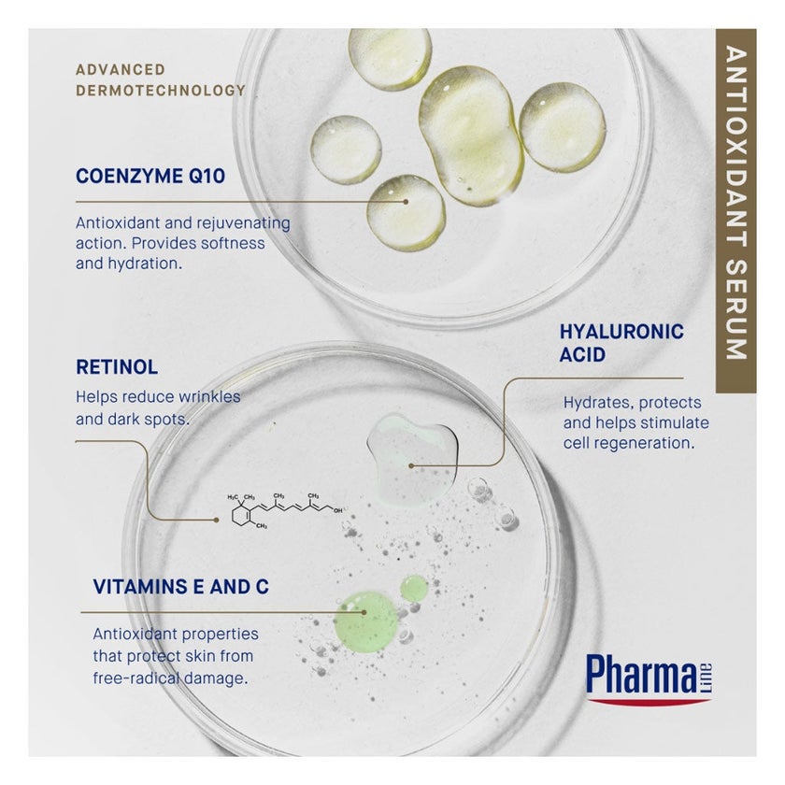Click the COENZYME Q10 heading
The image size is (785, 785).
click(x=150, y=177)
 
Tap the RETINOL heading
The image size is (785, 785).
click(x=117, y=367)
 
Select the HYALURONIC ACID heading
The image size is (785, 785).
click(x=621, y=343)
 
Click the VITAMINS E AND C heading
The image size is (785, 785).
click(x=180, y=587)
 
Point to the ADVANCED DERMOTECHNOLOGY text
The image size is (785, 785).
click(x=161, y=80)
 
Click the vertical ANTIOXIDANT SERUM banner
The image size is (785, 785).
click(x=735, y=210)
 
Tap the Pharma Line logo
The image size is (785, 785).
click(x=649, y=678)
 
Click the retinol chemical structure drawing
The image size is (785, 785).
click(x=286, y=510)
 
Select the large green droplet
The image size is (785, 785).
click(x=366, y=621)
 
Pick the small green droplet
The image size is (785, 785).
click(x=414, y=587)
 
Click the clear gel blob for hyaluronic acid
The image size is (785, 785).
click(x=412, y=458)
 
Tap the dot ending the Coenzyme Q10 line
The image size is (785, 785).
click(x=406, y=202)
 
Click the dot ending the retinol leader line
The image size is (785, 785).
click(x=216, y=521)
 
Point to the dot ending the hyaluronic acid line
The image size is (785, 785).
click(x=411, y=465)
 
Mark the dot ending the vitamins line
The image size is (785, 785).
click(x=364, y=612)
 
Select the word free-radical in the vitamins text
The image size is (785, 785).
click(x=136, y=678)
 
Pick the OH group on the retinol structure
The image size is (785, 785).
click(x=338, y=510)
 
